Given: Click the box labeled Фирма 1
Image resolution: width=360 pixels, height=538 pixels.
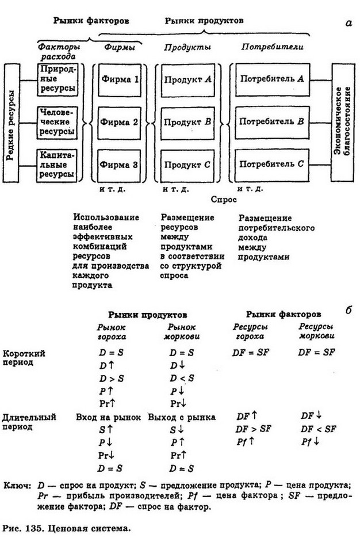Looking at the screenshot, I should [x=119, y=79].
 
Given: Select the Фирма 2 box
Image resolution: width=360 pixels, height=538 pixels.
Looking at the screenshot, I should [x=119, y=122].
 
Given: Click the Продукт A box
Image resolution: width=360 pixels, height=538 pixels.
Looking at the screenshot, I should [x=186, y=79].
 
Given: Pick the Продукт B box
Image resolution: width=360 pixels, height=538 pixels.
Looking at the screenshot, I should [x=186, y=122].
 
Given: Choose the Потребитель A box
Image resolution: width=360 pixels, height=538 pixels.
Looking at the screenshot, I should [x=271, y=79].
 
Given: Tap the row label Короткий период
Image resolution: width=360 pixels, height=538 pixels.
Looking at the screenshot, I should [x=24, y=357].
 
